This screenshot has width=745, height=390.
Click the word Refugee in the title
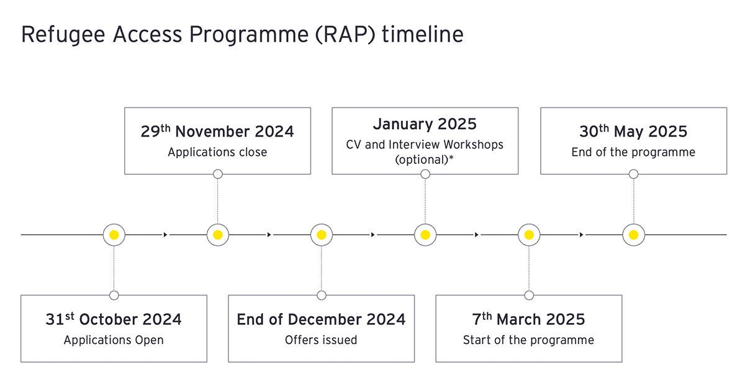(x=63, y=35)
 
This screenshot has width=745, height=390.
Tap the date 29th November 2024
(x=217, y=131)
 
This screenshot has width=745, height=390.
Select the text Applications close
(x=217, y=152)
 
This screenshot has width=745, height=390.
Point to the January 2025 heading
(x=425, y=124)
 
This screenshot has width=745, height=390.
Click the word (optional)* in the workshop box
(x=425, y=160)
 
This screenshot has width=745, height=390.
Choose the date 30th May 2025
(x=633, y=131)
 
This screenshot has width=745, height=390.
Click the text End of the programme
(x=633, y=152)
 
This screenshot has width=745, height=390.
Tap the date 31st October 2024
(x=114, y=319)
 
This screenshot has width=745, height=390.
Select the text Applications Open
(x=114, y=340)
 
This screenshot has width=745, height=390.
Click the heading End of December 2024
(x=321, y=319)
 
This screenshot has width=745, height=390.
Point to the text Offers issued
(x=321, y=340)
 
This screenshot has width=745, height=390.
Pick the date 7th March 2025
(x=528, y=319)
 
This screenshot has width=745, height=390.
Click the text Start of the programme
(x=528, y=340)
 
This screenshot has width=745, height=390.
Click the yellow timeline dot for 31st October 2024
(x=114, y=235)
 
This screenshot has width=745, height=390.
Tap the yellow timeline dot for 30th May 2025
(x=634, y=235)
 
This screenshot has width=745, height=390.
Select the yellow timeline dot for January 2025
(x=425, y=235)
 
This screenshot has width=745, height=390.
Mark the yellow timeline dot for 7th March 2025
(x=529, y=235)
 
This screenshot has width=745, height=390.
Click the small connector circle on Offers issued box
(x=322, y=295)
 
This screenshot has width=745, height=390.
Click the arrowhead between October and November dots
(x=165, y=235)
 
